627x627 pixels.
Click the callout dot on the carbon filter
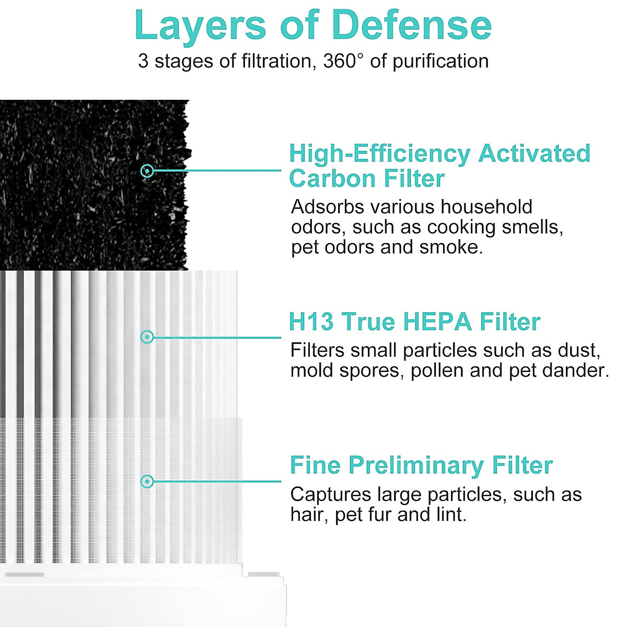(x=147, y=170)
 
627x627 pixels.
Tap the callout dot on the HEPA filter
(x=147, y=337)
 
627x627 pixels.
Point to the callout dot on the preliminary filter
(x=147, y=481)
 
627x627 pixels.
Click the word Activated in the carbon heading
(x=534, y=154)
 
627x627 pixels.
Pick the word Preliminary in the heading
(x=416, y=466)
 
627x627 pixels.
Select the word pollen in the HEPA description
(x=437, y=370)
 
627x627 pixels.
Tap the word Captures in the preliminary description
(x=330, y=494)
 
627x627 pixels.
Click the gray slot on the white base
(x=25, y=575)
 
